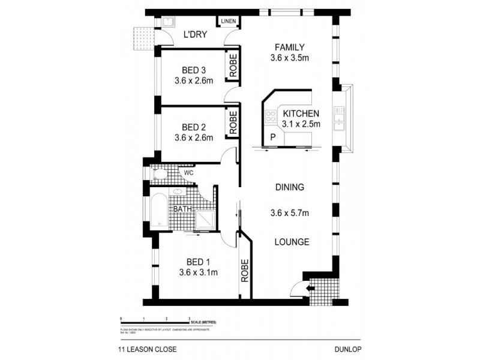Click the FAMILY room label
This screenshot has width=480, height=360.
point(290,47)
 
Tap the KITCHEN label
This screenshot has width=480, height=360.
point(301,113)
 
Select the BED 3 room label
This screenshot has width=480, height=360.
point(194,70)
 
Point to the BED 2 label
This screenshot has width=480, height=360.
point(194,127)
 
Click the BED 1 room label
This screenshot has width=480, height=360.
point(198,262)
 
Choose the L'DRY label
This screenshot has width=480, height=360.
point(195,35)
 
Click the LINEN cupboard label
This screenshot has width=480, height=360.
point(228,22)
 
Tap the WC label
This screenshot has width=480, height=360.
point(188,173)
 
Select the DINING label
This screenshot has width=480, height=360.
point(290,187)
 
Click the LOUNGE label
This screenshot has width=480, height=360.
point(292,242)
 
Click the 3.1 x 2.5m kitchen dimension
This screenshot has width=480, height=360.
point(301,125)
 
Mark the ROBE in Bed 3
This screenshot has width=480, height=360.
point(232,67)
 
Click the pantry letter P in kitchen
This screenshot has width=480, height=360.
point(273,137)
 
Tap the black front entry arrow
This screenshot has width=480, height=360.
point(309,289)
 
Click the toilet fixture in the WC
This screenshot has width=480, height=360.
point(159,175)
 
